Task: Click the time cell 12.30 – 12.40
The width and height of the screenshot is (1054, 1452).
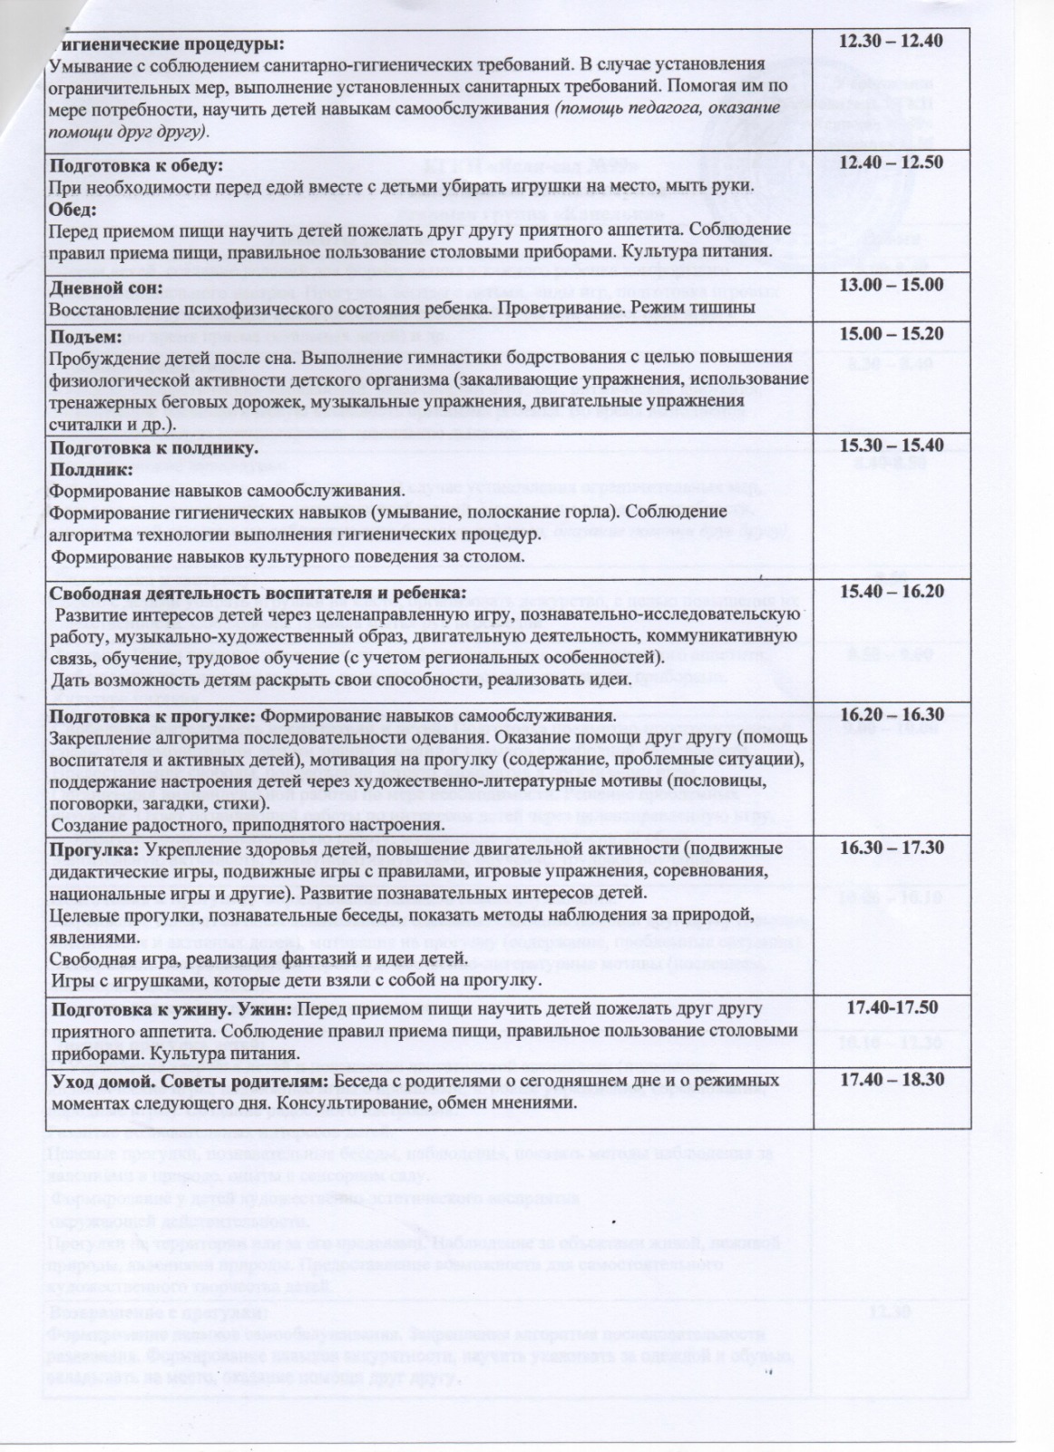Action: pos(892,41)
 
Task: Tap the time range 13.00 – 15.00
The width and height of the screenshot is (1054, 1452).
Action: pos(892,285)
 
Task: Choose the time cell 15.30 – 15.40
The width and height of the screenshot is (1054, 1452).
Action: pos(892,446)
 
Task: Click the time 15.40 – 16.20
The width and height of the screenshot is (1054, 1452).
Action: pos(892,592)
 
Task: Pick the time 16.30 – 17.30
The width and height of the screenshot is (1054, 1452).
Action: pos(892,848)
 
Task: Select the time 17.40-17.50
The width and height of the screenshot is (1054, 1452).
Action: pos(892,1008)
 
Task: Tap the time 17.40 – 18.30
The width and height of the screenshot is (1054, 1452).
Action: pos(892,1082)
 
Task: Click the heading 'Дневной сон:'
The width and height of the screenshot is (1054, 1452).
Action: pos(105,288)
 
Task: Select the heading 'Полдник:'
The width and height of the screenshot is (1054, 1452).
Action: pos(91,470)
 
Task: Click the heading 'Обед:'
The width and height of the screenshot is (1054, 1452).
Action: pos(72,207)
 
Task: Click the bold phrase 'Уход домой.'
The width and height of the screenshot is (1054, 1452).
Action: pos(99,1083)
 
